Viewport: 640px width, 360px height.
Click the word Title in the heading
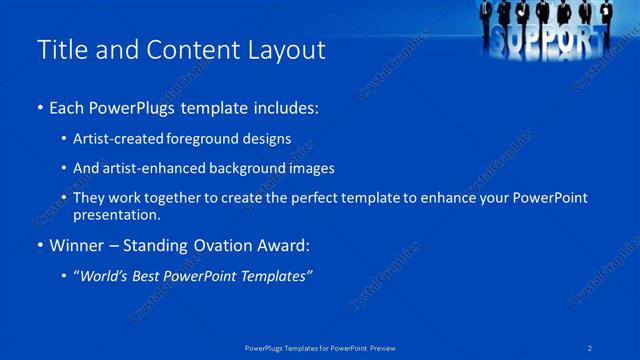[62, 51]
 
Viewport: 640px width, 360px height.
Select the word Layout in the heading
[284, 51]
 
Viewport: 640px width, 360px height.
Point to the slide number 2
[590, 348]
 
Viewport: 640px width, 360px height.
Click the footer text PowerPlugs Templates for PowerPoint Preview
[320, 348]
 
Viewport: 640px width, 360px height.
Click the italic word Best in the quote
[154, 275]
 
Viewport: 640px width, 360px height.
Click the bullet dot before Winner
[40, 245]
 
